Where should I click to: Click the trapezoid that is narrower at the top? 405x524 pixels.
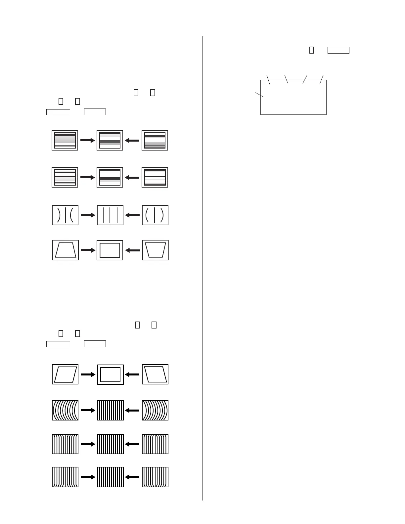tap(66, 250)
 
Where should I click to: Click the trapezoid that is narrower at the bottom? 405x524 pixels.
tap(155, 250)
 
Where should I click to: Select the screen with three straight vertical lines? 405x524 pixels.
tap(110, 215)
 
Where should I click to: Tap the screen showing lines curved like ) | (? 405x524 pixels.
tap(65, 215)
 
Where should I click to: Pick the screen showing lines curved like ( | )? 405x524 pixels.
tap(155, 215)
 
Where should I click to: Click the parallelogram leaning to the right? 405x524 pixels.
tap(65, 374)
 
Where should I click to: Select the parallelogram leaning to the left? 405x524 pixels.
tap(155, 374)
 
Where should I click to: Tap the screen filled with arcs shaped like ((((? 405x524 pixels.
tap(65, 410)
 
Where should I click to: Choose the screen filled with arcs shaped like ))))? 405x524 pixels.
tap(155, 410)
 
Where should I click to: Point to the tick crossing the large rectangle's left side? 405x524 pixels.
tap(259, 94)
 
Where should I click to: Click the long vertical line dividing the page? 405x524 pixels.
tap(203, 265)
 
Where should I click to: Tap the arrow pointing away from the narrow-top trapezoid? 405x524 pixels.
tap(88, 250)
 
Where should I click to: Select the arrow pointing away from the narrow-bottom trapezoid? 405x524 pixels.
tap(133, 250)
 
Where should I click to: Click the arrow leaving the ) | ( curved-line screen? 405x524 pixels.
tap(88, 215)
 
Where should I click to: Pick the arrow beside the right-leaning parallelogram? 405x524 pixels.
tap(88, 374)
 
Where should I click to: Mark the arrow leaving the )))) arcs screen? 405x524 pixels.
tap(132, 411)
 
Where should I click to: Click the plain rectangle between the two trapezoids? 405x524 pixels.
tap(110, 250)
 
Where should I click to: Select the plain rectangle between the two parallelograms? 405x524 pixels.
tap(110, 374)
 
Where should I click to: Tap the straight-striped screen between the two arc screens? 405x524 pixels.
tap(110, 410)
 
